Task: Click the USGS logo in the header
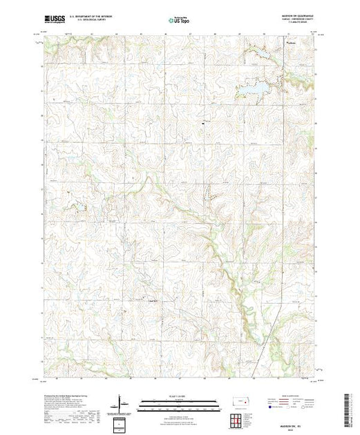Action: coord(55,22)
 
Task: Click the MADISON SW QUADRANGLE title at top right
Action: coord(294,18)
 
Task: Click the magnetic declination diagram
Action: coord(121,402)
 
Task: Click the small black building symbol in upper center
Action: coord(202,123)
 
